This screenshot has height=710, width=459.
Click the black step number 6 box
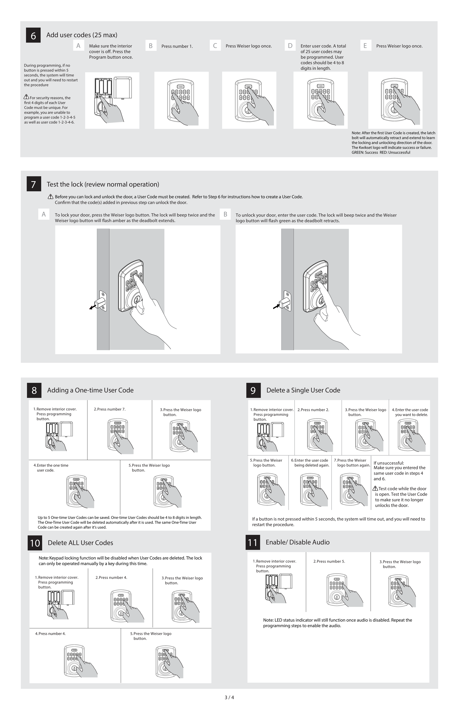(33, 35)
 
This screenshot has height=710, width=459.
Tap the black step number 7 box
(34, 184)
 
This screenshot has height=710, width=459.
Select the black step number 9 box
(253, 390)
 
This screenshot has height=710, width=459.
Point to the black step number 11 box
(252, 542)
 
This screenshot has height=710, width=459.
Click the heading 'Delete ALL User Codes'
(80, 543)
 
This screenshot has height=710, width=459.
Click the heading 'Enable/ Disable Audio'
(297, 542)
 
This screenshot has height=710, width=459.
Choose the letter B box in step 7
(225, 214)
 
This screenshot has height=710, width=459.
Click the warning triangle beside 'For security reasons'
(26, 97)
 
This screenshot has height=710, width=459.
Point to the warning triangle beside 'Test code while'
(375, 488)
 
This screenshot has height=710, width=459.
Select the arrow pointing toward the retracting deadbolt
(276, 306)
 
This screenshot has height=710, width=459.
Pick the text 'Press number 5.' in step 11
(329, 561)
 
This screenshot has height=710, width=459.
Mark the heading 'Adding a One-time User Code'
(90, 390)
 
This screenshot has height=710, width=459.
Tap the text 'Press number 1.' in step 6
(177, 46)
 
